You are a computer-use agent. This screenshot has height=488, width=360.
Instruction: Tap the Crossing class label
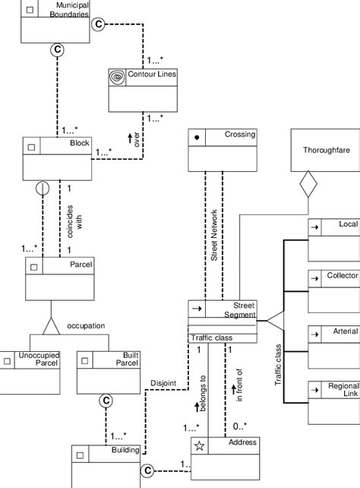tap(240, 135)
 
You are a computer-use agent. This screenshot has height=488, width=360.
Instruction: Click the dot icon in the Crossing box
tap(197, 138)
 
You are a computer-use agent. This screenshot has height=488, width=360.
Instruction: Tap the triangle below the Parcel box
tap(50, 328)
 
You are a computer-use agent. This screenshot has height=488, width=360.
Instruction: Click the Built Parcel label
tap(115, 360)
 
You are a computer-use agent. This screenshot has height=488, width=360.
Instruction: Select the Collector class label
tap(341, 275)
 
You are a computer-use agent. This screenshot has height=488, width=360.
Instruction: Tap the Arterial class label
tap(344, 331)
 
